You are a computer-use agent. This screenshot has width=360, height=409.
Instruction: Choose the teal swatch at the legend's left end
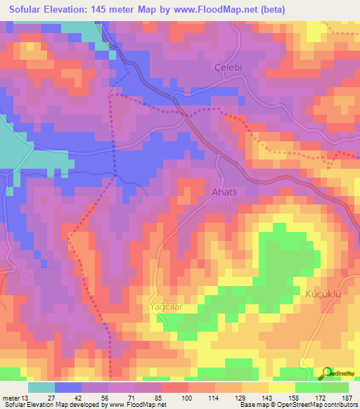(41, 387)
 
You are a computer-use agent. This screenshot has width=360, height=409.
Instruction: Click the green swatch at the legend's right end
(335, 387)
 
